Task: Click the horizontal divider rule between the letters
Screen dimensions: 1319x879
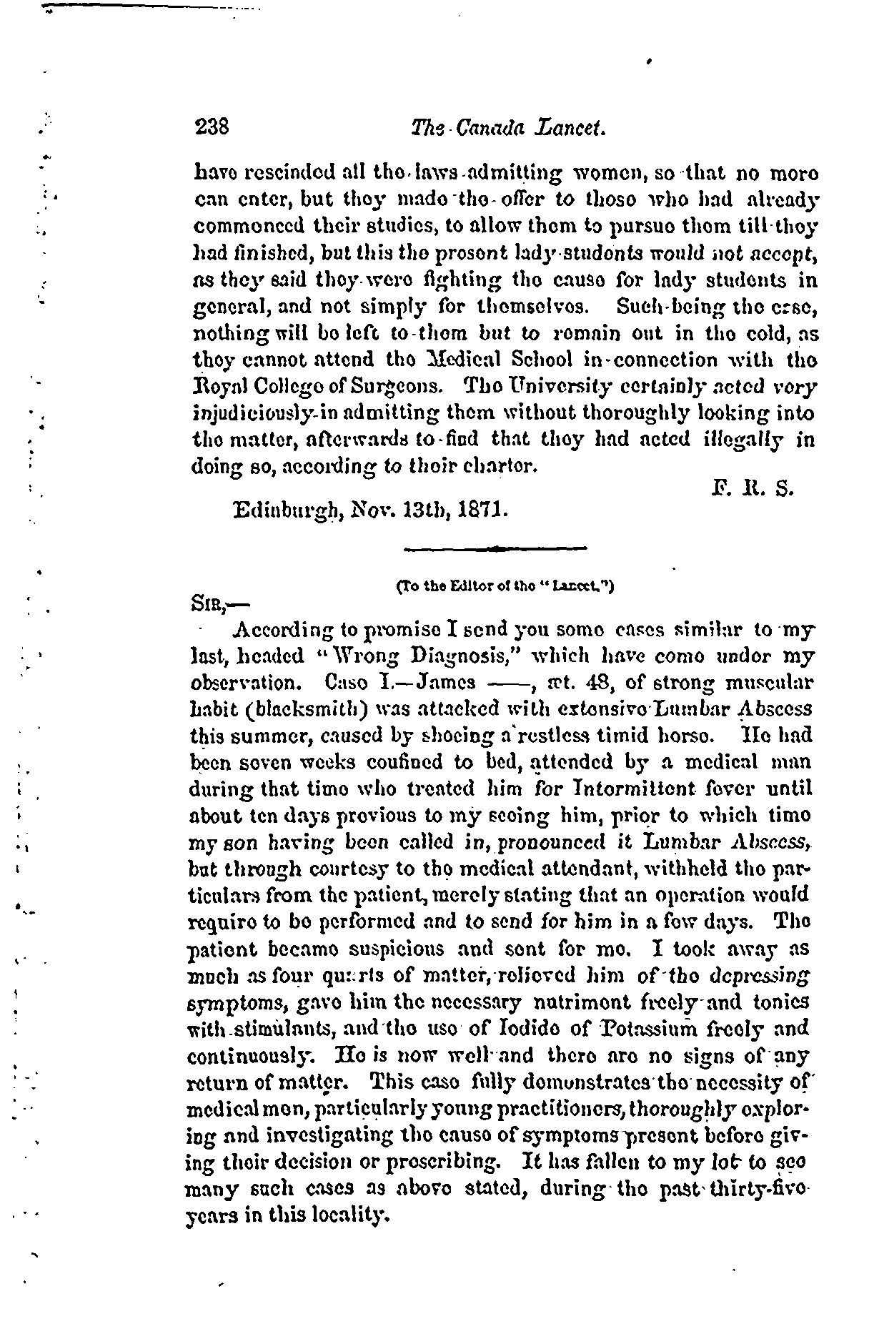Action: tap(495, 548)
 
